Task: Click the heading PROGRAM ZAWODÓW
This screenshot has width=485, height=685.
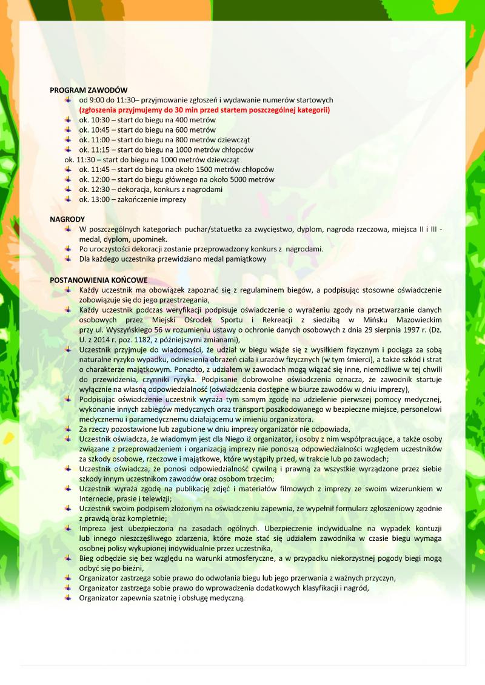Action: (x=80, y=90)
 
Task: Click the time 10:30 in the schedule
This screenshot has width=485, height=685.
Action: (x=98, y=120)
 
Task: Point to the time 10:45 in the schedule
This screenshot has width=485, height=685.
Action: (x=98, y=130)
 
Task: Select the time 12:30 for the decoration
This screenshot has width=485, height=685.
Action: (x=98, y=189)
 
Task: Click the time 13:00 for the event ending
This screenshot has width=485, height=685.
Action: (x=98, y=199)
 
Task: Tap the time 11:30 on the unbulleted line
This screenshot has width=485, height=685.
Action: (x=84, y=159)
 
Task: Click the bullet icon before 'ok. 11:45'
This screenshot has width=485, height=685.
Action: (x=68, y=169)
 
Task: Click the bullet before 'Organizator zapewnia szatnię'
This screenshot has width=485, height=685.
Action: (x=68, y=598)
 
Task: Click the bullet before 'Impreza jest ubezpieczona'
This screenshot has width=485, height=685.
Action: (x=68, y=528)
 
